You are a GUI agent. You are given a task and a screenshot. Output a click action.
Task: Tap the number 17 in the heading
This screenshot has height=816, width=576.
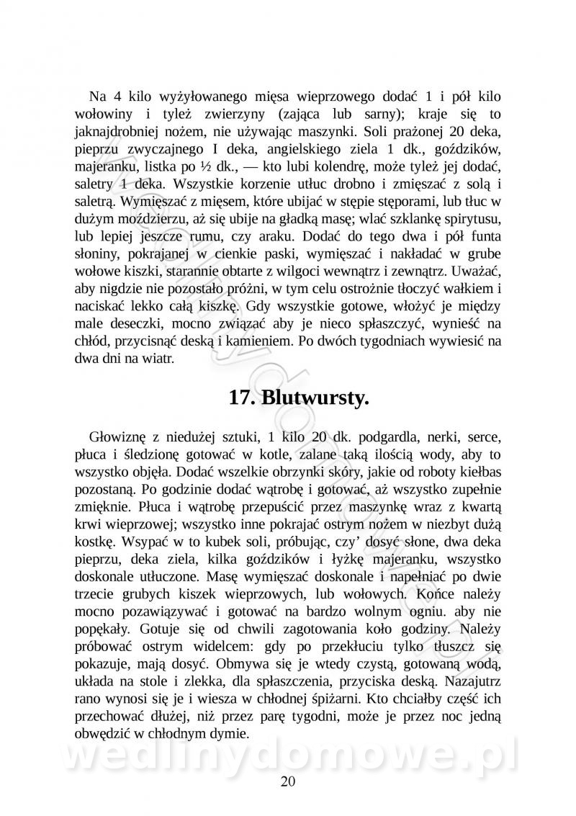pyautogui.click(x=241, y=398)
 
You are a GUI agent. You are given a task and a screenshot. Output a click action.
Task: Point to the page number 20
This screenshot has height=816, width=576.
pyautogui.click(x=287, y=781)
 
